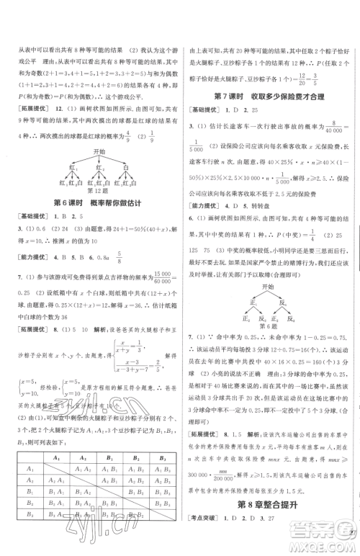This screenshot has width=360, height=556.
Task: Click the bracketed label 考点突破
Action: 209,539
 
